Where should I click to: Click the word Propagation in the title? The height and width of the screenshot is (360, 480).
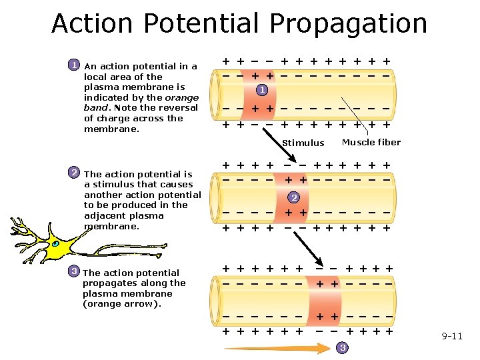348,23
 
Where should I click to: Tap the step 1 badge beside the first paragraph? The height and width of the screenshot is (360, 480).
75,65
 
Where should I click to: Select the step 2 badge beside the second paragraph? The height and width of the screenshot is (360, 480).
75,173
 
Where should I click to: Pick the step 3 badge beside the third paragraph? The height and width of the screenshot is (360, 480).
75,271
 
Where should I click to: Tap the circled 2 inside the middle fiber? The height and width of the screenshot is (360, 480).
294,197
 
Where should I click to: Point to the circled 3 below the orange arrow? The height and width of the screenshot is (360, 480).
342,348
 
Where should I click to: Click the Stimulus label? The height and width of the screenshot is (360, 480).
303,143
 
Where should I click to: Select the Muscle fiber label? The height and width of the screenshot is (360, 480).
371,142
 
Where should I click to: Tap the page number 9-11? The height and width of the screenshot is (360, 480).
451,336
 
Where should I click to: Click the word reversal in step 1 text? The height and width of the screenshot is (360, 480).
178,107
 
